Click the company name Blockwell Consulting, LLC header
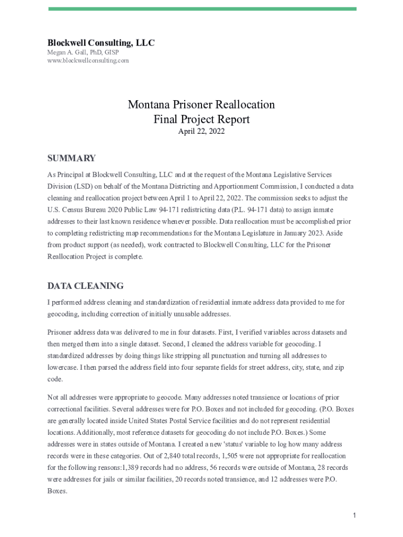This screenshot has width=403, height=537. pos(101,43)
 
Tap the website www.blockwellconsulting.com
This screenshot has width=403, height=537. pos(88,60)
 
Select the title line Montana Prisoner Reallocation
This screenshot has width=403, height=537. pos(201,104)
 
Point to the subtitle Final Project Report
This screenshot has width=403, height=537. pos(201,119)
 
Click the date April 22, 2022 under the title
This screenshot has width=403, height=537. pos(201,132)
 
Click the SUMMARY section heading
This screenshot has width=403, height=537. pos(72,158)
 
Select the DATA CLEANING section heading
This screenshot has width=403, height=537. pos(86,286)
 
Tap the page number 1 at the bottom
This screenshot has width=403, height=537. pos(354,516)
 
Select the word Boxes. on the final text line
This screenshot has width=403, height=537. pos(57,491)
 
